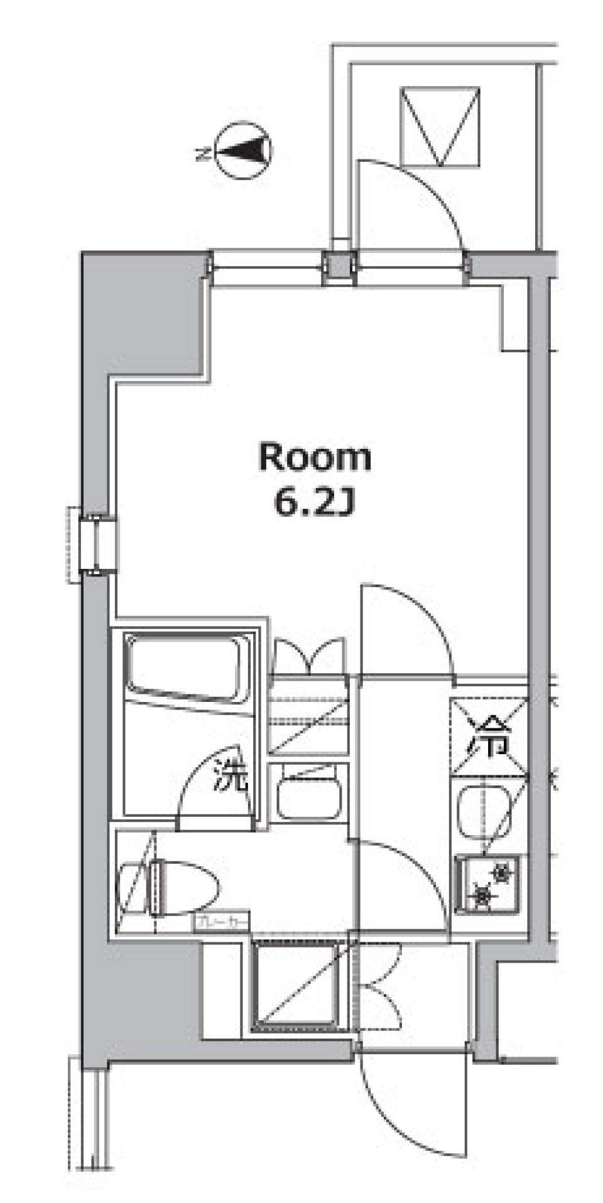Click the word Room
(x=315, y=458)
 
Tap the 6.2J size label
(x=315, y=504)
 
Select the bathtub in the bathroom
(x=185, y=669)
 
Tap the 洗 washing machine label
(x=231, y=776)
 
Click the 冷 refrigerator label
(x=488, y=738)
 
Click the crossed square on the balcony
(x=440, y=126)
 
